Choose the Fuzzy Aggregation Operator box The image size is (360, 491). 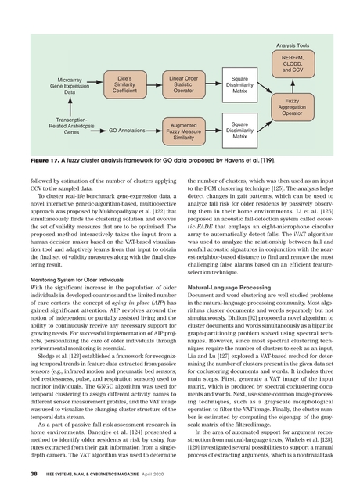coord(292,107)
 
